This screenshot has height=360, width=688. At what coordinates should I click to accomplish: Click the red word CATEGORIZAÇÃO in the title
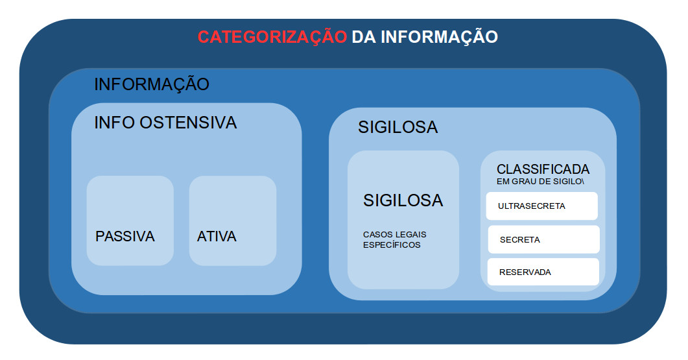(272, 37)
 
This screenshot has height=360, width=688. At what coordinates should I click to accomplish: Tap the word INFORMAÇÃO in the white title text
(439, 36)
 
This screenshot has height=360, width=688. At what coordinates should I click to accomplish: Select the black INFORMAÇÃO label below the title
(152, 84)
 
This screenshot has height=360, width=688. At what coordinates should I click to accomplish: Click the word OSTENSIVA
(188, 123)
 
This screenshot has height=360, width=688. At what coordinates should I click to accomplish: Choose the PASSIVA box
(130, 221)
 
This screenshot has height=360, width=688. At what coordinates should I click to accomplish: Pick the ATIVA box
(233, 221)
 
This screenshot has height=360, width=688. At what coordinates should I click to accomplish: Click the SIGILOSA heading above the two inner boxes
(398, 127)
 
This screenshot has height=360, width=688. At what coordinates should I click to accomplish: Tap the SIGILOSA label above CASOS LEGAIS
(403, 200)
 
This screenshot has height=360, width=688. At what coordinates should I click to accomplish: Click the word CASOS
(378, 234)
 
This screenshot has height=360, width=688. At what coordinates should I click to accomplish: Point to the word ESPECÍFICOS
(392, 245)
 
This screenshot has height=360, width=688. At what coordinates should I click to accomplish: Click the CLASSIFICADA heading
(543, 169)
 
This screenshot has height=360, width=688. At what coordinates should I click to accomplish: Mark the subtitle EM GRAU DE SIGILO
(539, 182)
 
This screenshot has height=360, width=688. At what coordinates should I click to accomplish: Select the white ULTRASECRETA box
(542, 206)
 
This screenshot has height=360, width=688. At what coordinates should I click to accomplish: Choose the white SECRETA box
(543, 239)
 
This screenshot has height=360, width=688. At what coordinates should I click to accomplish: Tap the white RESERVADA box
(543, 272)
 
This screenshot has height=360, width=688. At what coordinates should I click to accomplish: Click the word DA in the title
(364, 37)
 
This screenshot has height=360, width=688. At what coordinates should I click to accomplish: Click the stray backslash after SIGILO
(583, 182)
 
